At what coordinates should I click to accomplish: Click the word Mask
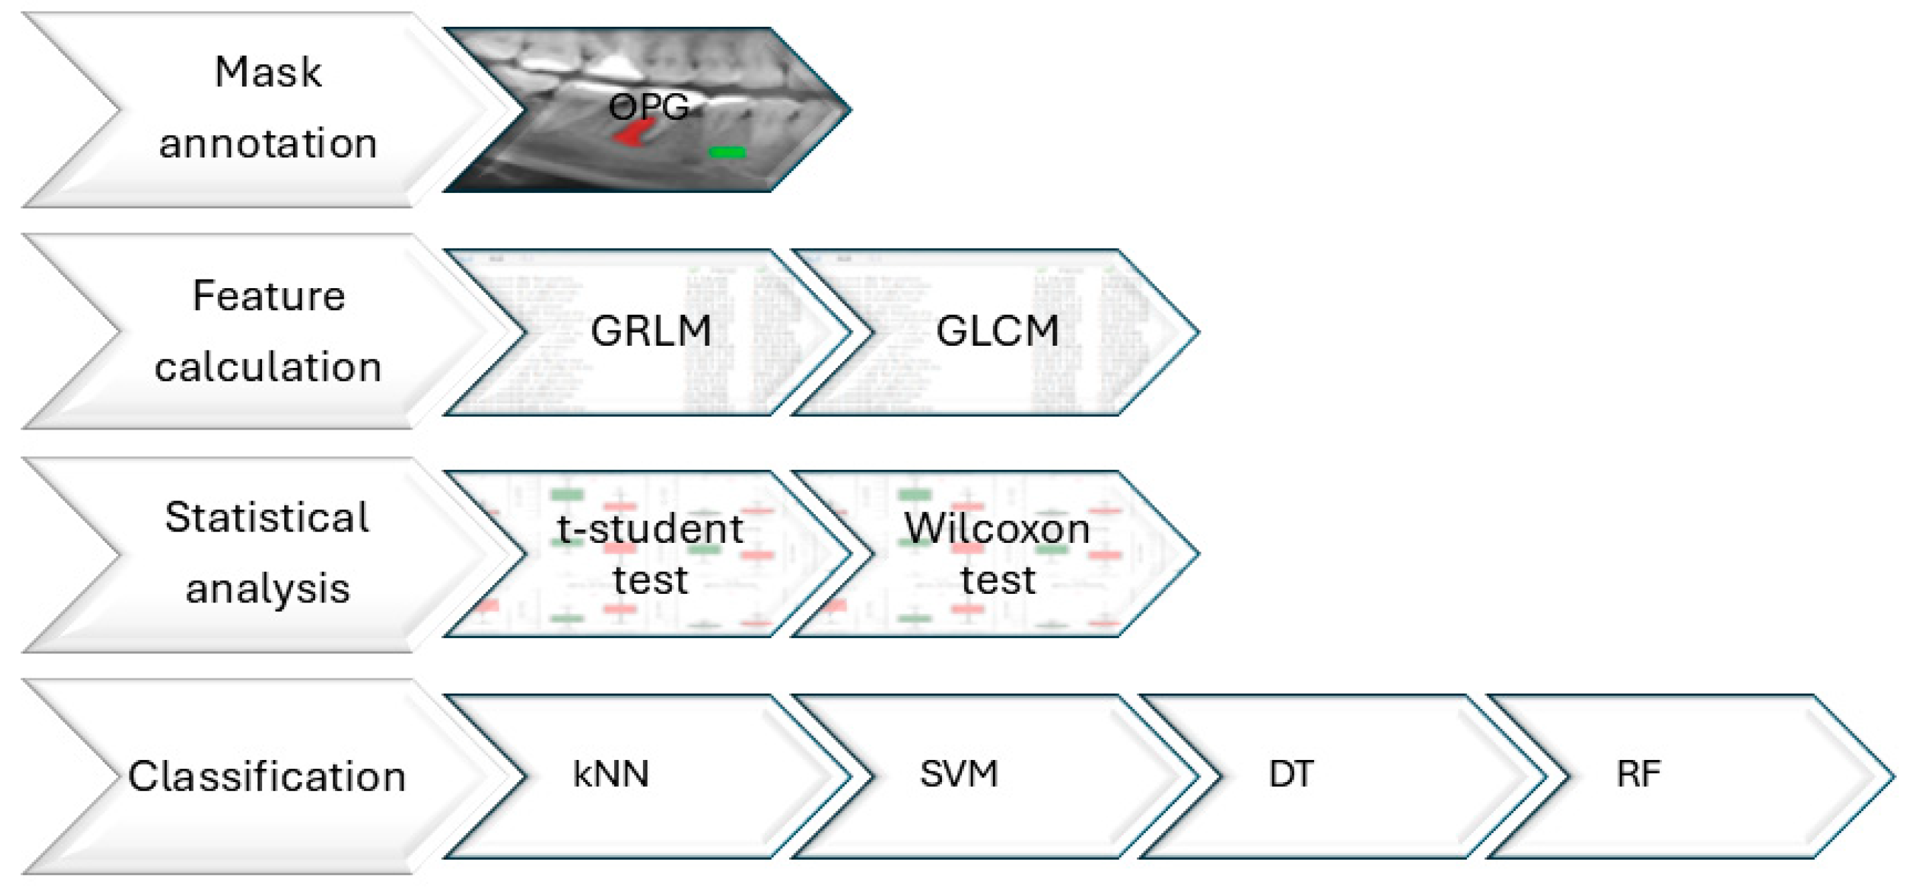[268, 72]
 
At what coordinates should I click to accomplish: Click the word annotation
[268, 143]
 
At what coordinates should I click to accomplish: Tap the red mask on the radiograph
[634, 134]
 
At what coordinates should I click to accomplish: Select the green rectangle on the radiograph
[727, 153]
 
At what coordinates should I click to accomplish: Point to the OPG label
[648, 107]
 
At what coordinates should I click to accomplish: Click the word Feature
[269, 296]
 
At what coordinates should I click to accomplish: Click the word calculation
[268, 367]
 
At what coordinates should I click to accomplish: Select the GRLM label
[650, 330]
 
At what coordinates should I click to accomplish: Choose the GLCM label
[997, 330]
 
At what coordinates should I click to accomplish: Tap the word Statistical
[267, 517]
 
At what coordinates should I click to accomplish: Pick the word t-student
[650, 529]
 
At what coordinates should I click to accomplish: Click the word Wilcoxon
[997, 529]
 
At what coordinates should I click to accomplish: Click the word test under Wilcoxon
[998, 580]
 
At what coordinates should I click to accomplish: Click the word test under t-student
[650, 580]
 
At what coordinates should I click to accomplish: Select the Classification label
[267, 776]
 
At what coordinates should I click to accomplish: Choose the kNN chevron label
[611, 774]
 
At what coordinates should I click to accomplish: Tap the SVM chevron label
[959, 774]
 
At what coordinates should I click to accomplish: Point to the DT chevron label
[1291, 774]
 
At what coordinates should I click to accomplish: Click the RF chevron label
[1638, 774]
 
